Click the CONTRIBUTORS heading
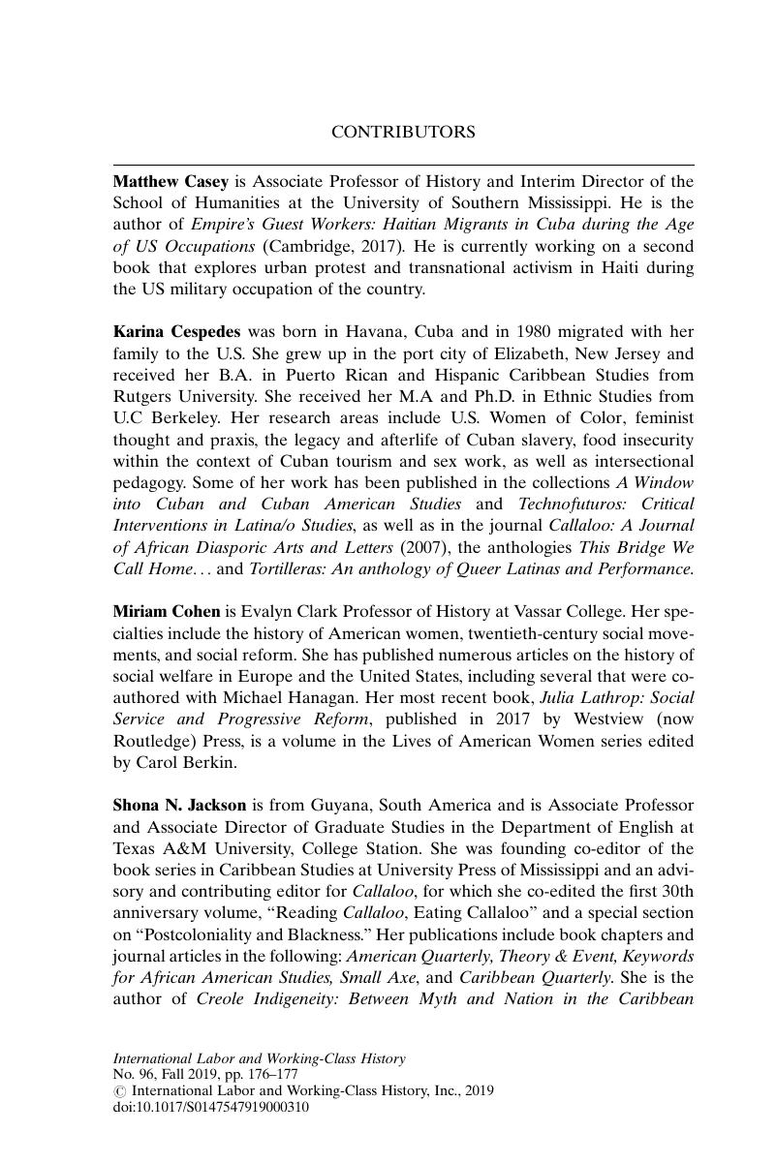[403, 132]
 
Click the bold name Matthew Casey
[171, 181]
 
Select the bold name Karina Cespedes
[176, 331]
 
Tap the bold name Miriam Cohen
[167, 612]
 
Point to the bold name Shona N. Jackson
[179, 805]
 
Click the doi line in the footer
[211, 1107]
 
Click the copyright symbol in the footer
[118, 1091]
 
